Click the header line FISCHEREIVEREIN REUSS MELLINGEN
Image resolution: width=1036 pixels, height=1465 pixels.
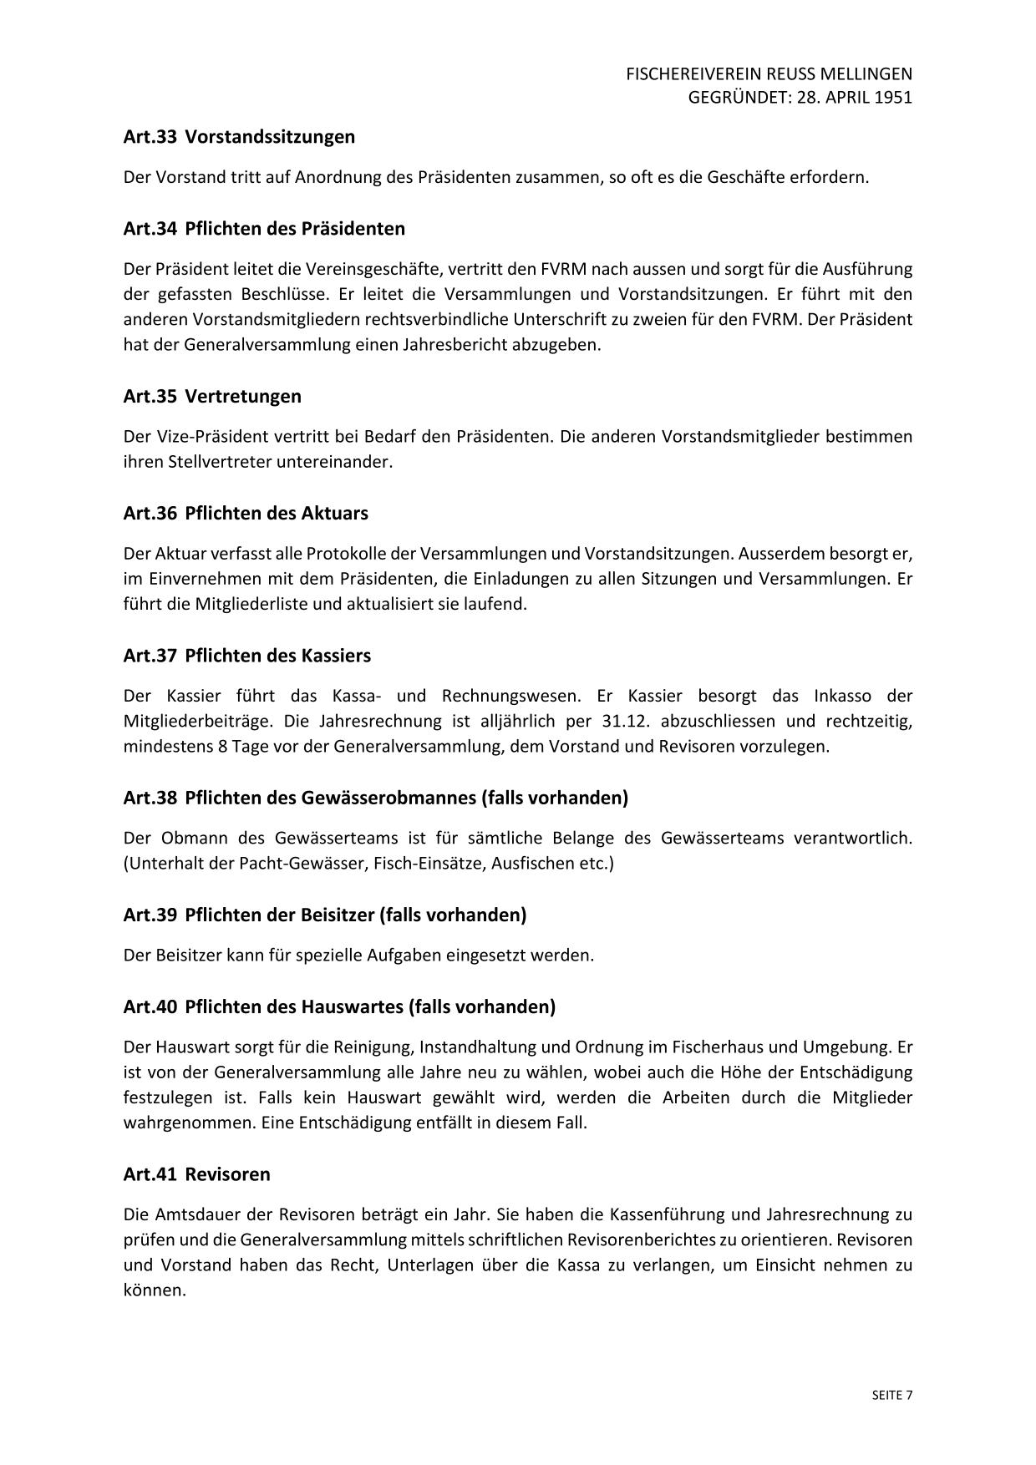click(x=769, y=74)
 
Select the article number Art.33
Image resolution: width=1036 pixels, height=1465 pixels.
click(x=150, y=137)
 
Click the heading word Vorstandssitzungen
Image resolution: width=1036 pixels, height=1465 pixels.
click(x=270, y=137)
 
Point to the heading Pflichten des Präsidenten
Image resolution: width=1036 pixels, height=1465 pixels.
click(x=295, y=229)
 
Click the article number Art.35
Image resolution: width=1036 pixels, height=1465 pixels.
click(x=150, y=396)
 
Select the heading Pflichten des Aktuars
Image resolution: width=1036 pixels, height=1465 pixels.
click(x=277, y=513)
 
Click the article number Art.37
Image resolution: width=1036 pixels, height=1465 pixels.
click(x=150, y=655)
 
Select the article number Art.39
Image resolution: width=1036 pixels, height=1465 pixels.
click(x=150, y=915)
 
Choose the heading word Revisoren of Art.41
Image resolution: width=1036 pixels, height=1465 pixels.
click(x=227, y=1174)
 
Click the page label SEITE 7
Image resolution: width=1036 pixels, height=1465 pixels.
click(x=891, y=1395)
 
